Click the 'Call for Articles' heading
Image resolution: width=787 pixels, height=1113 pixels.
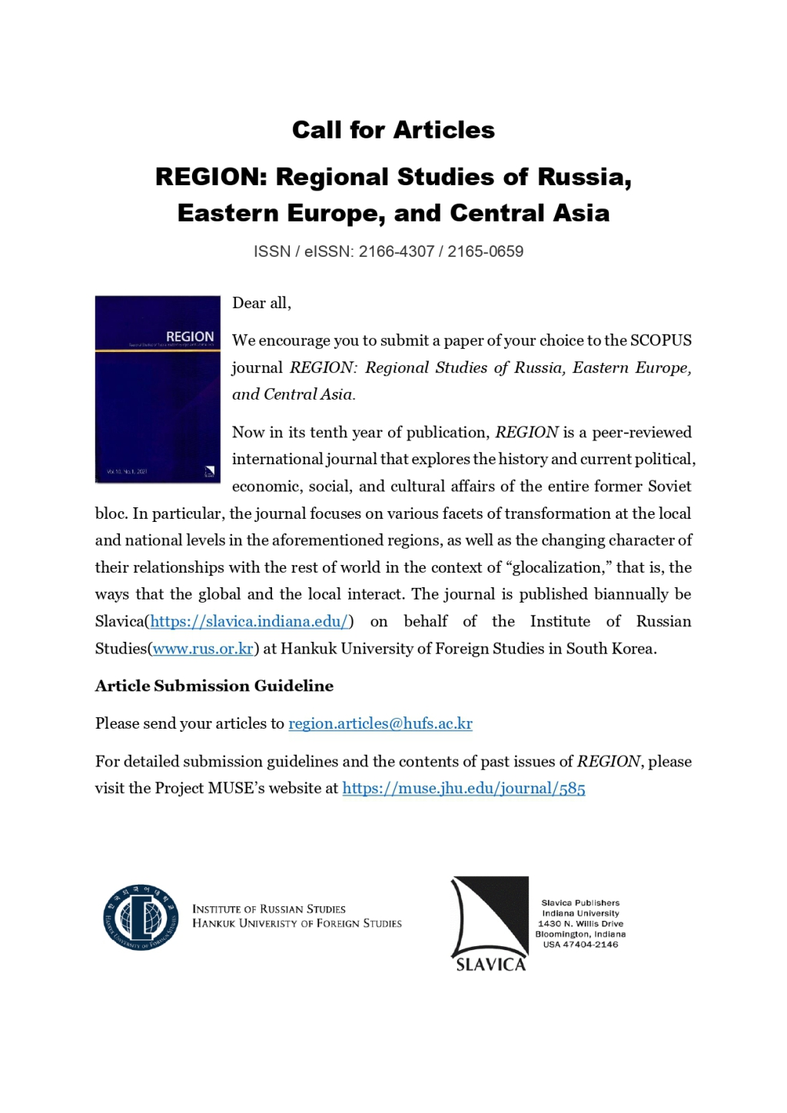coord(393,130)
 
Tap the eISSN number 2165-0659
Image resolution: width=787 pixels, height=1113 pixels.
coord(485,251)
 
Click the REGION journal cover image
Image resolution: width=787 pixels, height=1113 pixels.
coord(158,389)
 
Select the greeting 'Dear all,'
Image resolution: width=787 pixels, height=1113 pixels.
coord(261,303)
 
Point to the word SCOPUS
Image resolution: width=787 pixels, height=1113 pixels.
coord(661,341)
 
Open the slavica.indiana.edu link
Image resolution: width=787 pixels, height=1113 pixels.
coord(249,621)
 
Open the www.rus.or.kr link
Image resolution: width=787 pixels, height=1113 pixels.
coord(203,649)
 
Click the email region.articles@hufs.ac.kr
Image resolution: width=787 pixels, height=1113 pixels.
coord(380,723)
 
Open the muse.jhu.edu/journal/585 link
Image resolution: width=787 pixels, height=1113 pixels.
coord(463,789)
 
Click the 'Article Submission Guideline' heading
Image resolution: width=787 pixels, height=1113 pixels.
coord(214,686)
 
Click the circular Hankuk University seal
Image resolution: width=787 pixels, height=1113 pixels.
coord(141,917)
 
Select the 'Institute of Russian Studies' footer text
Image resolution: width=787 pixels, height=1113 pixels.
coord(269,909)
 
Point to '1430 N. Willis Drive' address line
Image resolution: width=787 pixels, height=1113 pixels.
coord(580,924)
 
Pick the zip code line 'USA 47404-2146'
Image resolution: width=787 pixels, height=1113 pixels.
coord(580,945)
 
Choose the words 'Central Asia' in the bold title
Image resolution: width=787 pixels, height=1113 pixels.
coord(530,213)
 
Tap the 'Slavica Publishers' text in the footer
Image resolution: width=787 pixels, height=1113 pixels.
coord(580,903)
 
